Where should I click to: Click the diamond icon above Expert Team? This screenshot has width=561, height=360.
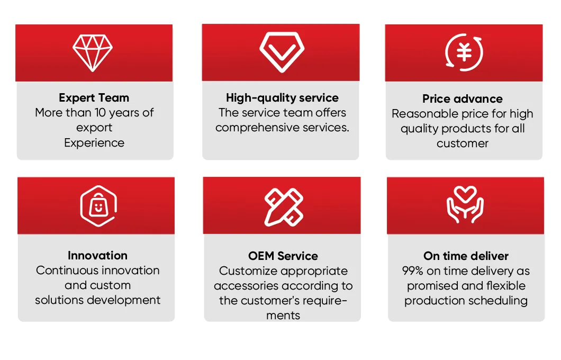[93, 52]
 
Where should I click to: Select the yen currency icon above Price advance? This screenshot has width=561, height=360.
[464, 52]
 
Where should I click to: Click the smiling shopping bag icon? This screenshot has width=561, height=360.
[97, 206]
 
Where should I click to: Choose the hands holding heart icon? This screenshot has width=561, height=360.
[465, 205]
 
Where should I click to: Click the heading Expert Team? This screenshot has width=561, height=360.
[94, 98]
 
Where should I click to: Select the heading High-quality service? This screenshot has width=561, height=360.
[282, 98]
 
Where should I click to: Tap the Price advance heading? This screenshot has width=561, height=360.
[463, 99]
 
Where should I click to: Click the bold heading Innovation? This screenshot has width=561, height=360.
[97, 256]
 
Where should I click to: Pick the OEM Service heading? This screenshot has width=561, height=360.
[283, 256]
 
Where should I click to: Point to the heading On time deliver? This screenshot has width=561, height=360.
[466, 256]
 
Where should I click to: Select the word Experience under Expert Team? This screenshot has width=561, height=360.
[94, 143]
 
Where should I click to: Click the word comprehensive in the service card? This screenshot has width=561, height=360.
[252, 128]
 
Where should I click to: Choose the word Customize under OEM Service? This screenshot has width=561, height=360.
[248, 271]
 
